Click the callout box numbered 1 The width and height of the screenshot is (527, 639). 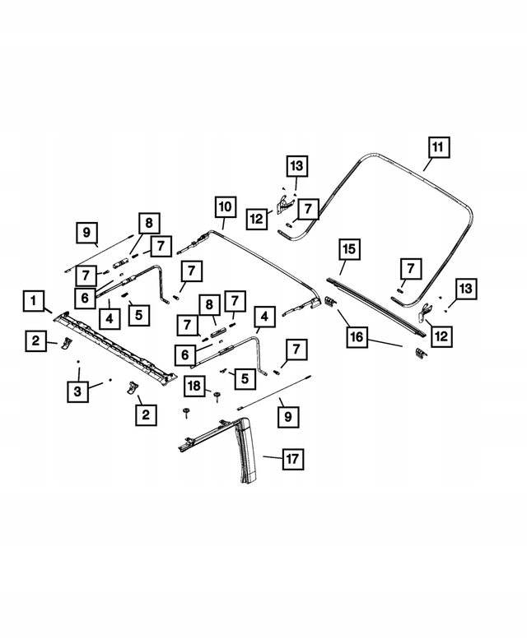[x=33, y=302]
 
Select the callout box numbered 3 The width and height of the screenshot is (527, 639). [x=77, y=391]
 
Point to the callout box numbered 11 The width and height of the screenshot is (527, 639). [x=438, y=147]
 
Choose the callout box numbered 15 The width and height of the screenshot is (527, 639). [x=349, y=248]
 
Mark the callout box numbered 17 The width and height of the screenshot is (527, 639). [x=294, y=460]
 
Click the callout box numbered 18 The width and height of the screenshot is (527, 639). [x=194, y=385]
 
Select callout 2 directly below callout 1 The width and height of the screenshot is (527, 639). [x=36, y=339]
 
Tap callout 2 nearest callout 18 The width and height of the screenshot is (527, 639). [x=146, y=415]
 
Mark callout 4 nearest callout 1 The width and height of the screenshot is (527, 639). [x=109, y=315]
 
